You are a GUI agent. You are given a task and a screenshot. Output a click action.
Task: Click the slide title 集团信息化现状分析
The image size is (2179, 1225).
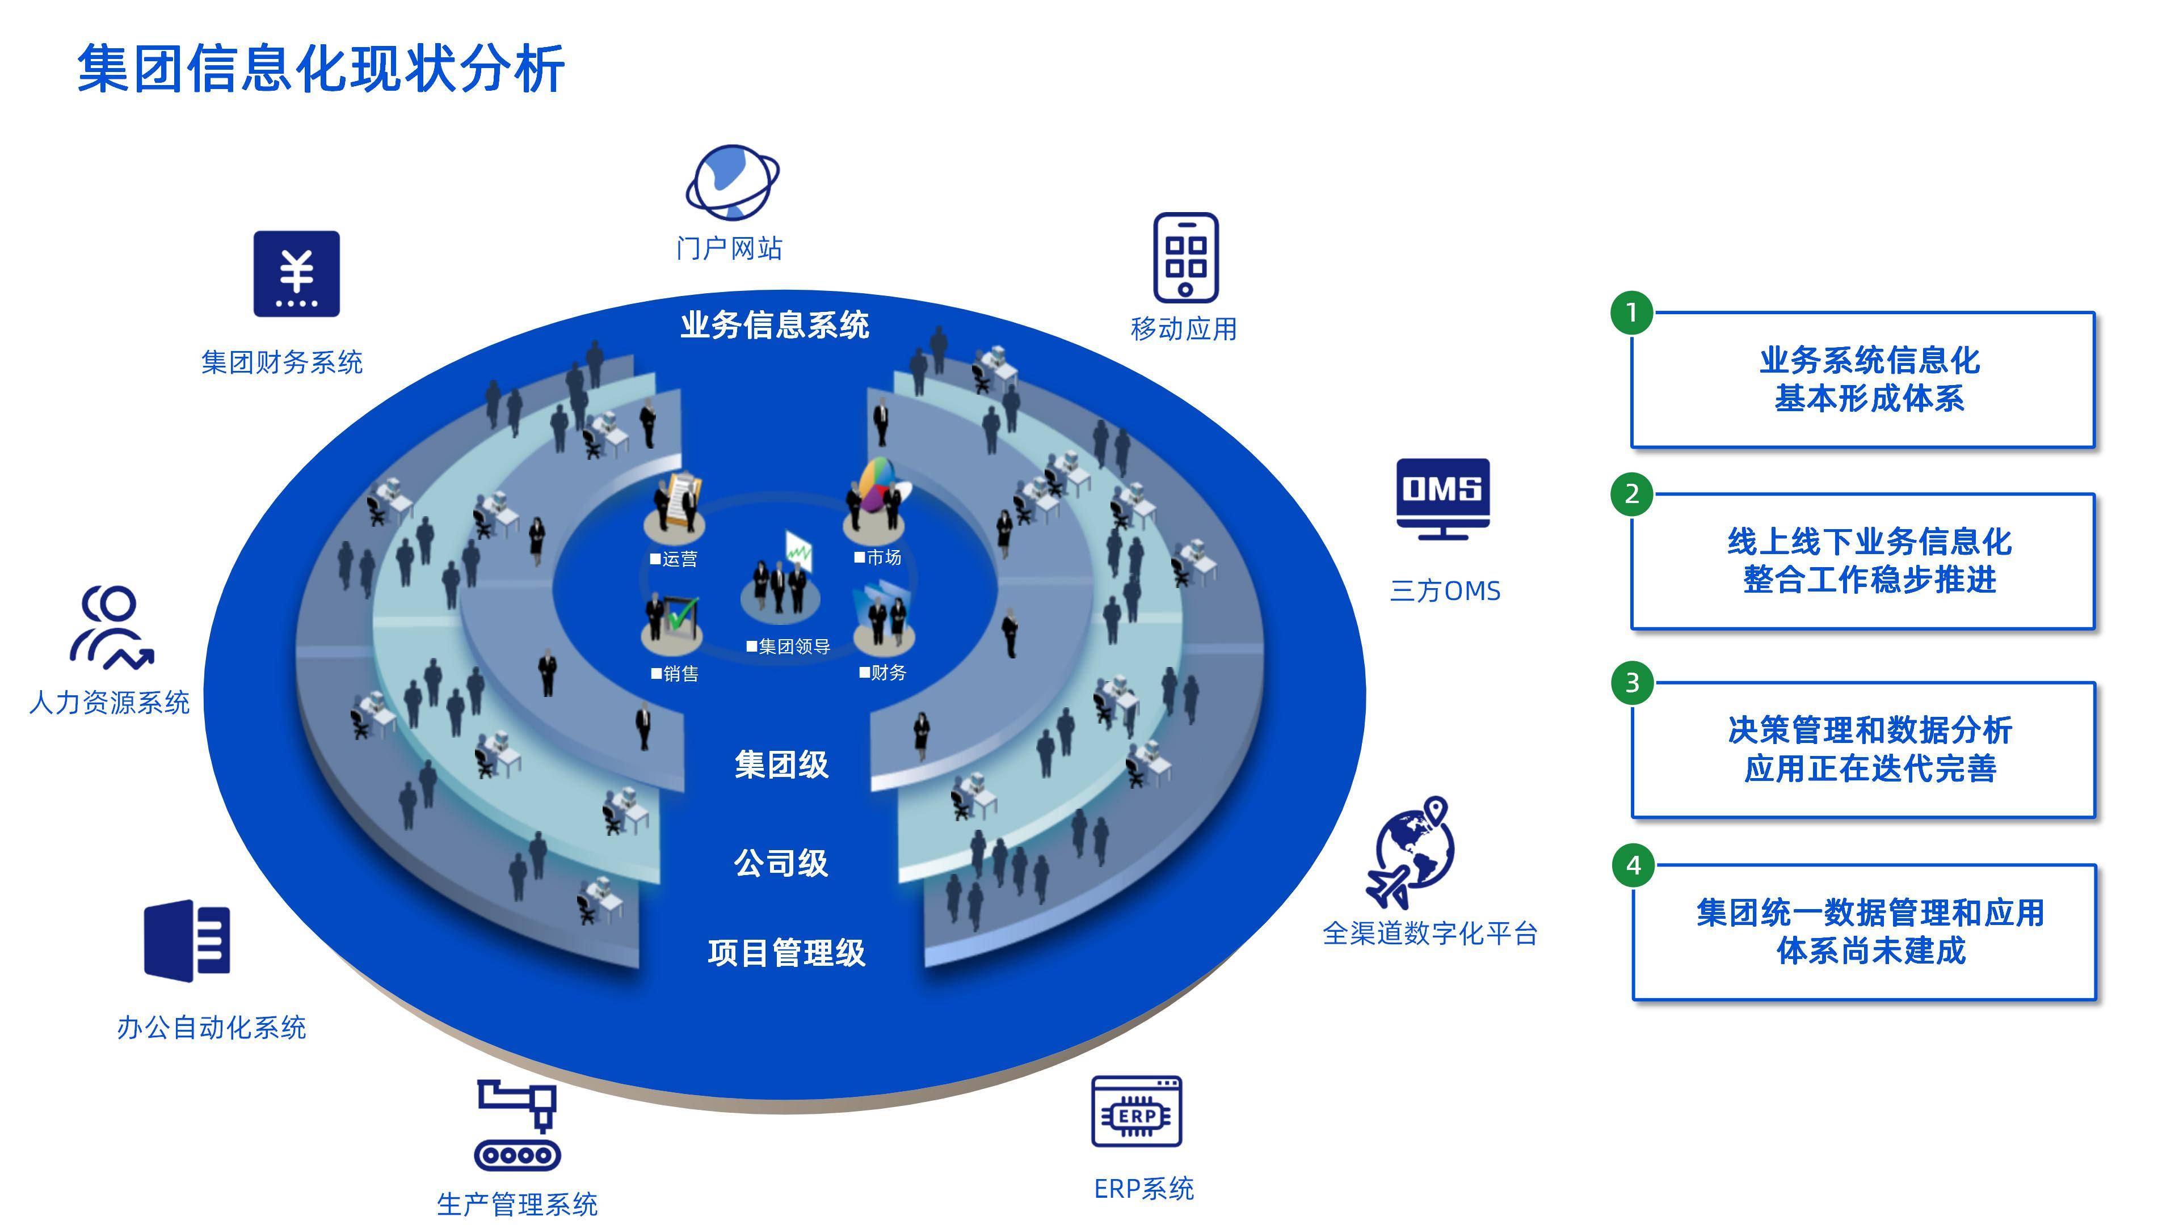(x=321, y=69)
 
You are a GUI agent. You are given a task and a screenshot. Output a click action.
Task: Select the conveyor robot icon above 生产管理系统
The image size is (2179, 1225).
(x=518, y=1125)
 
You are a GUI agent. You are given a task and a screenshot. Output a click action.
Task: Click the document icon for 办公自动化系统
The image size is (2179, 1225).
(x=187, y=940)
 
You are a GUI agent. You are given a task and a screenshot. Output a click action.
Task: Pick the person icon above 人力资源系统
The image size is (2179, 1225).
(x=111, y=627)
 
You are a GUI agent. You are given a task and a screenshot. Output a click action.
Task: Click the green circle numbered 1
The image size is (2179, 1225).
(x=1632, y=313)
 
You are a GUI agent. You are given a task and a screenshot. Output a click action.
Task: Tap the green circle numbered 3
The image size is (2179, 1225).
(x=1632, y=682)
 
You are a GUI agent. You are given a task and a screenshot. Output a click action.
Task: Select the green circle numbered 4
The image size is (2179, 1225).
(x=1633, y=865)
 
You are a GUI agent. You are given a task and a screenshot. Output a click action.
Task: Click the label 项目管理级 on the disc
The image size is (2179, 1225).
(x=786, y=953)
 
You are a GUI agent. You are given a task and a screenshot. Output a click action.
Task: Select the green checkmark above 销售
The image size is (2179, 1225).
(x=682, y=613)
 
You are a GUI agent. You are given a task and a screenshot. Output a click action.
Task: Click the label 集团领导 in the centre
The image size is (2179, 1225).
(x=793, y=647)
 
